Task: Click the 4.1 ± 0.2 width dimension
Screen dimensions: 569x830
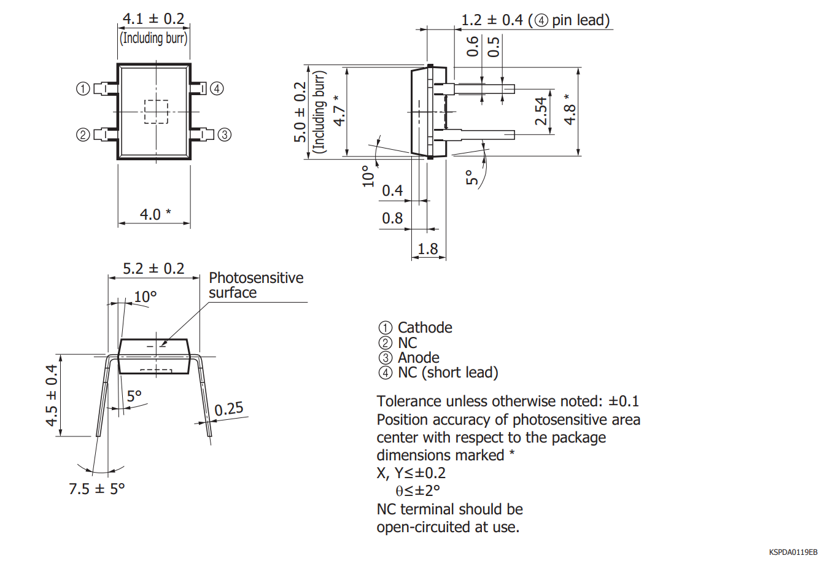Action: pyautogui.click(x=153, y=19)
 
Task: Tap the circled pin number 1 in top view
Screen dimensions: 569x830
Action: pyautogui.click(x=83, y=89)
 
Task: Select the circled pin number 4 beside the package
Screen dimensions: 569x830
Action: pyautogui.click(x=217, y=88)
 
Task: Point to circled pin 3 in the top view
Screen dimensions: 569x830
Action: pyautogui.click(x=225, y=134)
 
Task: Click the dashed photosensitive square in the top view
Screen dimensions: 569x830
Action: pyautogui.click(x=156, y=112)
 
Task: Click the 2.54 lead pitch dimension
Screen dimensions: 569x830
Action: pyautogui.click(x=541, y=111)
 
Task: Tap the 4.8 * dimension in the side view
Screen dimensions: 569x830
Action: pyautogui.click(x=570, y=110)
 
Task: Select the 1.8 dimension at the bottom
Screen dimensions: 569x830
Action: pyautogui.click(x=428, y=249)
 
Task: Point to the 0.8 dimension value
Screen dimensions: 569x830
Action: pyautogui.click(x=392, y=218)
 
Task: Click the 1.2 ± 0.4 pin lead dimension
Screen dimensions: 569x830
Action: pyautogui.click(x=535, y=20)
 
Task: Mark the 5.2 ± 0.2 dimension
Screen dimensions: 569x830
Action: pyautogui.click(x=153, y=269)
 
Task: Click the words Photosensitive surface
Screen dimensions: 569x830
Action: pyautogui.click(x=255, y=285)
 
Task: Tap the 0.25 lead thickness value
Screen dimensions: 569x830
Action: pyautogui.click(x=229, y=409)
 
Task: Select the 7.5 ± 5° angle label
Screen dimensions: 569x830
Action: pyautogui.click(x=96, y=489)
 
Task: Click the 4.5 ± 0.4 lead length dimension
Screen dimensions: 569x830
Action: pyautogui.click(x=52, y=395)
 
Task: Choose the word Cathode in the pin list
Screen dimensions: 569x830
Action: pyautogui.click(x=425, y=328)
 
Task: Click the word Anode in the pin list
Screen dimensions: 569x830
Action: pyautogui.click(x=419, y=358)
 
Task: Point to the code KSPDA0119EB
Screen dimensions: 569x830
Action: pyautogui.click(x=793, y=552)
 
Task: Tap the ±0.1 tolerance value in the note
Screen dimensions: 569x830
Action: pyautogui.click(x=624, y=401)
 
